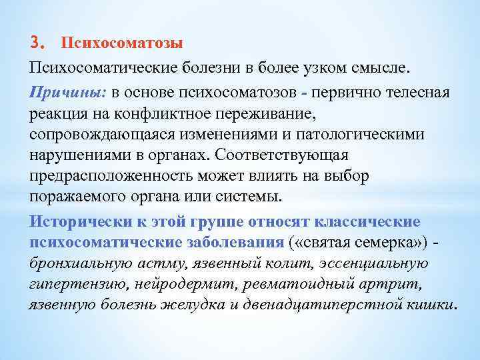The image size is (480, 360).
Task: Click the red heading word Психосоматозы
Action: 122,43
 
